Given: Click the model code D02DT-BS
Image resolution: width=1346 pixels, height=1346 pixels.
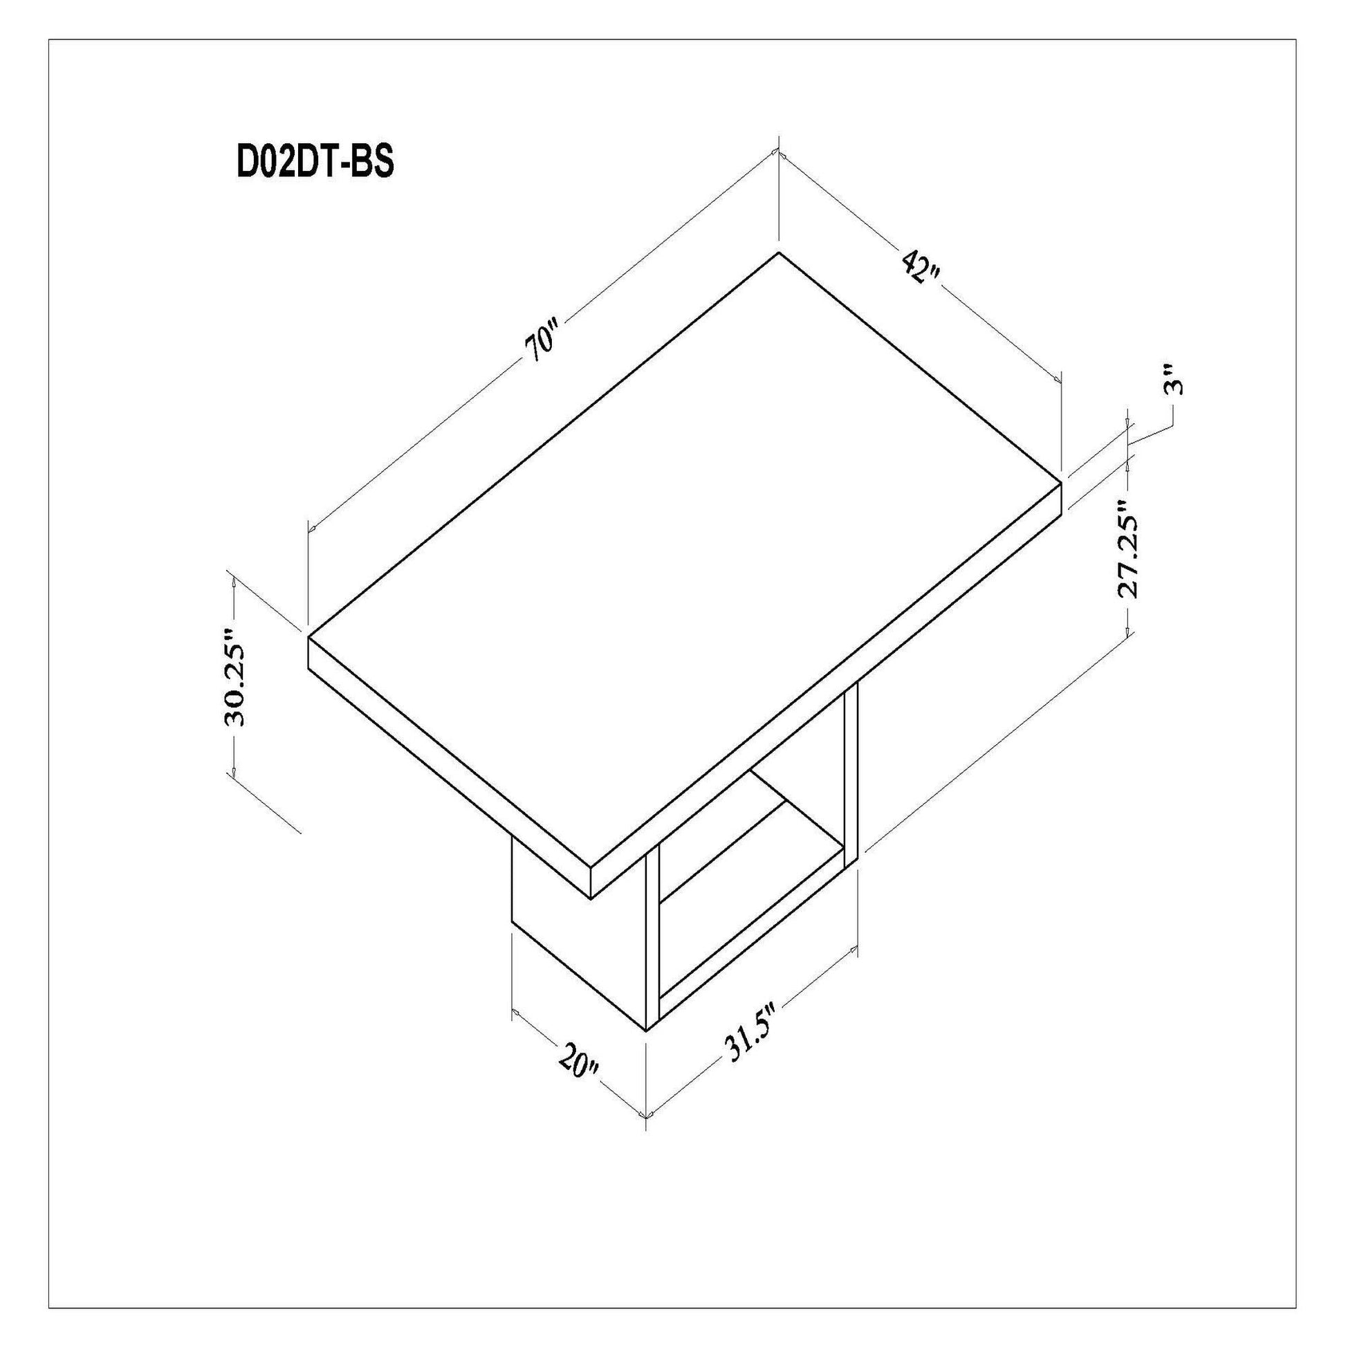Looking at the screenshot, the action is pyautogui.click(x=315, y=163).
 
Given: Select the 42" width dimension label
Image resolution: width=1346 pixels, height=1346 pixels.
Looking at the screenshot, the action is pyautogui.click(x=922, y=267).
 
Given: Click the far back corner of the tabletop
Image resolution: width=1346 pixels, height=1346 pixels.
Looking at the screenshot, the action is pyautogui.click(x=777, y=253).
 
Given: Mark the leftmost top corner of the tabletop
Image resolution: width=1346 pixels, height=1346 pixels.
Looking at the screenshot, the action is pyautogui.click(x=308, y=636).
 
